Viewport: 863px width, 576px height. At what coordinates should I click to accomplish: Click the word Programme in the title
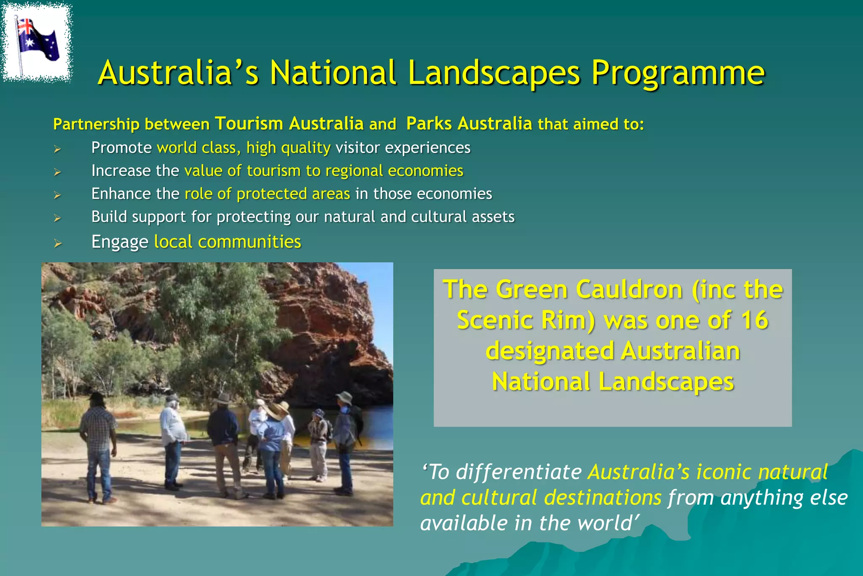pos(678,73)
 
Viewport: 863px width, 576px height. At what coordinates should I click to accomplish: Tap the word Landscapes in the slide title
pos(494,73)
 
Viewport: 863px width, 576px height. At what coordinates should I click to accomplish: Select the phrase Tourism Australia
pos(289,124)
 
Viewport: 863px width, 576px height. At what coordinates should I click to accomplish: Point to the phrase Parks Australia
pos(469,124)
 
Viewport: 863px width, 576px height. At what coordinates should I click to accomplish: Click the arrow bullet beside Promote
pos(57,149)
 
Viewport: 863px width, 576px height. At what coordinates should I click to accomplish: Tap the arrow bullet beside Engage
pos(58,243)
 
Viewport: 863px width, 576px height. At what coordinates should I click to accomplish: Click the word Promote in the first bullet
pos(121,148)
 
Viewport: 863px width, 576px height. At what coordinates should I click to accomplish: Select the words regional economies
pos(394,171)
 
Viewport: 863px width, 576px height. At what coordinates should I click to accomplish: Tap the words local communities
pos(228,242)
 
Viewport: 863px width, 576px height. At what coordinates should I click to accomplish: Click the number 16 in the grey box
pos(754,320)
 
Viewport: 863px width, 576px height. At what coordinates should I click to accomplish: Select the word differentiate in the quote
pos(519,472)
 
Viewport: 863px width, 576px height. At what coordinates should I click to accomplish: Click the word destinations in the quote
pos(603,498)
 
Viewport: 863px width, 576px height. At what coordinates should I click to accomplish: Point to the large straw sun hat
pos(277,409)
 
